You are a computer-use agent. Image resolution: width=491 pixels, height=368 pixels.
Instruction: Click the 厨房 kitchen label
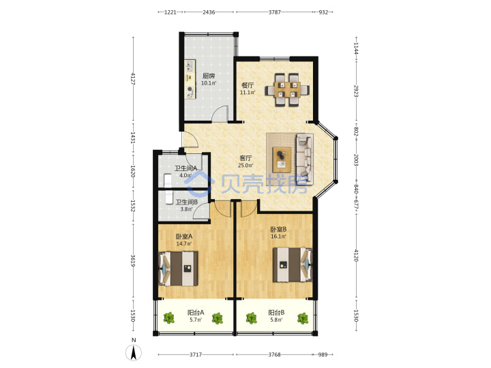(209, 76)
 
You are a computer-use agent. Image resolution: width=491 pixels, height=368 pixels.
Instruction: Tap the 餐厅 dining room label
(248, 85)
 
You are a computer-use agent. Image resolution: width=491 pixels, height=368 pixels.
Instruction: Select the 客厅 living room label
(245, 158)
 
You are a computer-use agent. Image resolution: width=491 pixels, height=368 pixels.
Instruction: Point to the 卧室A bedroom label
(184, 236)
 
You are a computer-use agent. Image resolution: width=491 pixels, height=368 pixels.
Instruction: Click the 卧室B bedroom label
(278, 230)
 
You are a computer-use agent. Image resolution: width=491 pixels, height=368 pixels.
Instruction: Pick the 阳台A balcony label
(196, 312)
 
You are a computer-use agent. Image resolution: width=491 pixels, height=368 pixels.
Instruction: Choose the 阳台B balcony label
(276, 312)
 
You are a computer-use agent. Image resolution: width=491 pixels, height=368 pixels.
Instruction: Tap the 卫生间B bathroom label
(187, 202)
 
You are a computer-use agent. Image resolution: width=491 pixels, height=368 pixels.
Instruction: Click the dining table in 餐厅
(287, 90)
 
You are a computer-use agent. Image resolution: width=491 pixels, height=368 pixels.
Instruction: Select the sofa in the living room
(305, 158)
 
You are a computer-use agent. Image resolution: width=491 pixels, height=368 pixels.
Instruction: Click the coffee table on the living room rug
(282, 159)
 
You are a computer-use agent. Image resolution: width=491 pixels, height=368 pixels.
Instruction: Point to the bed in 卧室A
(179, 269)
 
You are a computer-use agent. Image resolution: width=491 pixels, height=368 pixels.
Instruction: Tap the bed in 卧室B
(293, 264)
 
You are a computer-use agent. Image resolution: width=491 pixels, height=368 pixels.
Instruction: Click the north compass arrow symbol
(134, 353)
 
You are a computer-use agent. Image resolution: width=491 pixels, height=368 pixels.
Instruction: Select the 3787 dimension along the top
(275, 12)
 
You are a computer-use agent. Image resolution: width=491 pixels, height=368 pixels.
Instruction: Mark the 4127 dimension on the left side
(133, 78)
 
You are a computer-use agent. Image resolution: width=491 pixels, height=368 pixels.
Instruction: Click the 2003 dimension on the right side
(356, 159)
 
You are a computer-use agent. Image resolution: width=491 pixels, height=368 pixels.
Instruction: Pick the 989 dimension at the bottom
(323, 354)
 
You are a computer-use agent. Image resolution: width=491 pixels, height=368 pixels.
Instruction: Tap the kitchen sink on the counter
(190, 66)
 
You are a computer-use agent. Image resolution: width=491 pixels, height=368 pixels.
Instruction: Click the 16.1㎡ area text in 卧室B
(278, 236)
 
